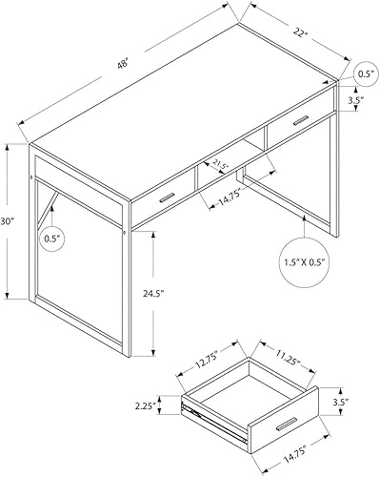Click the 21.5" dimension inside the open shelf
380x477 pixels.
(x=222, y=164)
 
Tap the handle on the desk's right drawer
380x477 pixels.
(x=301, y=119)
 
